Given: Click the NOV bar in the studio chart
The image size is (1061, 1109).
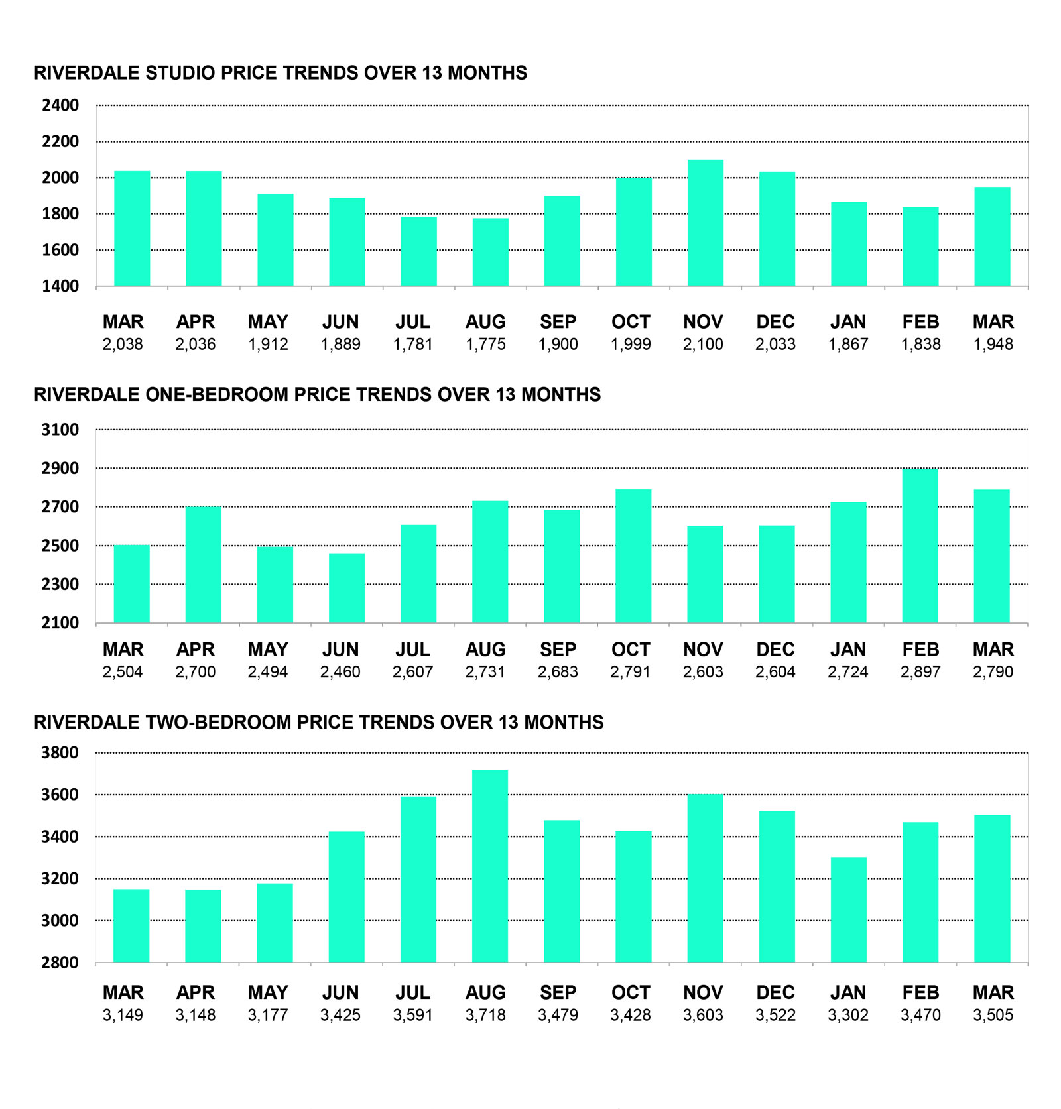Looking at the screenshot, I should (x=706, y=223).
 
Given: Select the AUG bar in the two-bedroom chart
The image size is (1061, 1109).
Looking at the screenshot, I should (x=490, y=866).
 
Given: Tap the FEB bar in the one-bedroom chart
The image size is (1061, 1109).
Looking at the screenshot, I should (x=920, y=546).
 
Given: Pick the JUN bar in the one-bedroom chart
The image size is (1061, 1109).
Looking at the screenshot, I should (x=347, y=588).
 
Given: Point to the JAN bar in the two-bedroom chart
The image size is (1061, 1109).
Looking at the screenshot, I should (x=849, y=909).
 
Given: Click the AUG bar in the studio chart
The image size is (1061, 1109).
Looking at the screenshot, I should (x=491, y=252).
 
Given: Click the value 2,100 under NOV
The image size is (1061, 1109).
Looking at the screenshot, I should (x=703, y=345).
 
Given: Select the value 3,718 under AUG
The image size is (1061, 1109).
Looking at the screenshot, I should (x=485, y=1015).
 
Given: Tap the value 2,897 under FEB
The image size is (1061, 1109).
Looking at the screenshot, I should (x=920, y=672).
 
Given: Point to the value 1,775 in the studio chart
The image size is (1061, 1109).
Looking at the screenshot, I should (x=485, y=345).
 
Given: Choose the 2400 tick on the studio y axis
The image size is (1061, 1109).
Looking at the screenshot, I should (x=60, y=105).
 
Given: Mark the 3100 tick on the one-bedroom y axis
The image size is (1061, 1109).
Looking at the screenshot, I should (x=60, y=430).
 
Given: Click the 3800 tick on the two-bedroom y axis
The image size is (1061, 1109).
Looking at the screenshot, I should (x=60, y=753).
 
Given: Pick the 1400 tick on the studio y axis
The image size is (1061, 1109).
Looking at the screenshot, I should (x=60, y=286).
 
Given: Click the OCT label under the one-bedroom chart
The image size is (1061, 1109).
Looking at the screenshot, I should (x=631, y=650).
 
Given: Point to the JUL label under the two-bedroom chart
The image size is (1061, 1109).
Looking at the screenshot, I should (x=412, y=992).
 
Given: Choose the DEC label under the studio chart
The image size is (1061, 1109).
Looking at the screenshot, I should (x=775, y=322).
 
